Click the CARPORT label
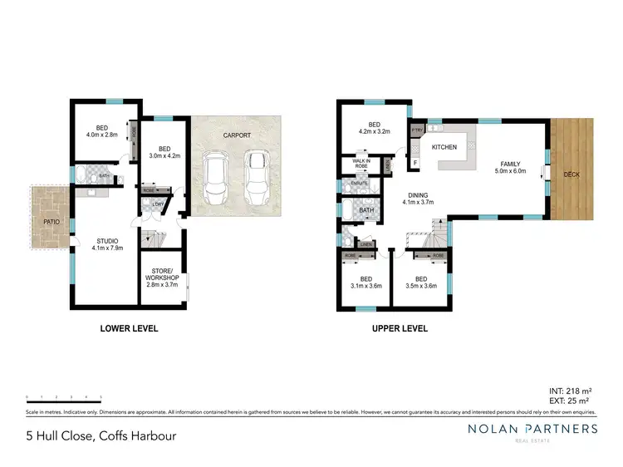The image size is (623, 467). tap(237, 135)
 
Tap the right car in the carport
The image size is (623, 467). tap(257, 173)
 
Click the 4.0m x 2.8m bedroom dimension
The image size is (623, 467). tap(101, 135)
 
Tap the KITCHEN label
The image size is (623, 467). tap(444, 147)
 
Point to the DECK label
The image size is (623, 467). tap(571, 175)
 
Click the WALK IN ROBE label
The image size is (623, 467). tap(361, 164)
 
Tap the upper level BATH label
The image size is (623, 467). tap(366, 210)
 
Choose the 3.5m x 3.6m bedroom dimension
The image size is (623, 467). tap(421, 286)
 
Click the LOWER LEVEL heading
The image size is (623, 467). tap(129, 329)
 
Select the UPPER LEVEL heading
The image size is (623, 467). tap(399, 329)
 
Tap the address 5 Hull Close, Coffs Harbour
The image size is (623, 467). tap(101, 435)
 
